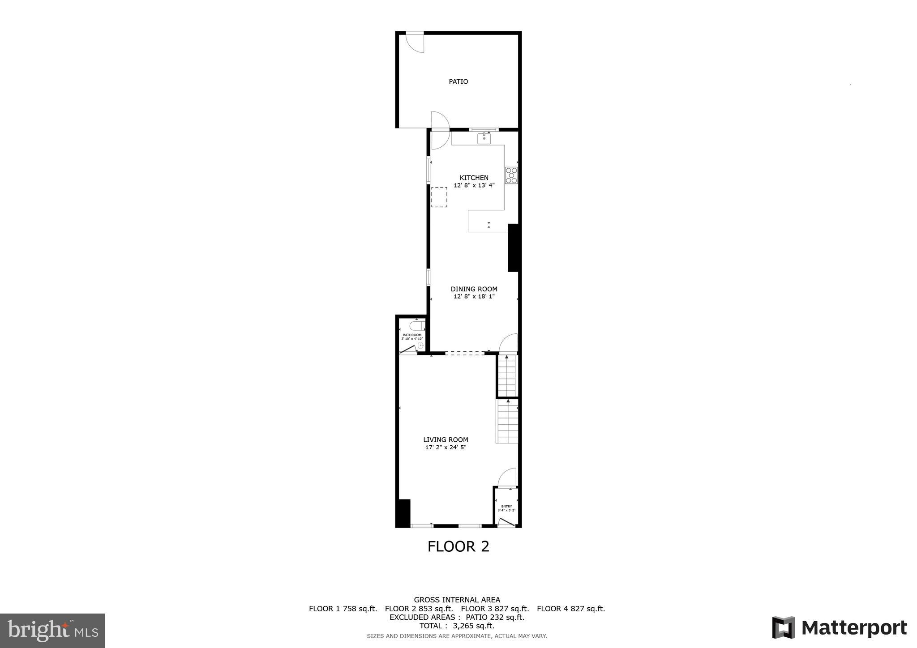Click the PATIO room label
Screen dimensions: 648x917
click(458, 81)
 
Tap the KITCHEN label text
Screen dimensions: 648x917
click(474, 178)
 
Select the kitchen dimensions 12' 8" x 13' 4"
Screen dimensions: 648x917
click(474, 185)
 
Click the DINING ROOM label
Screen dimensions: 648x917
click(474, 289)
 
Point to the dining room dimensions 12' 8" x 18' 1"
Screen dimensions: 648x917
click(474, 296)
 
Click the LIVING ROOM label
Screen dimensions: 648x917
click(446, 440)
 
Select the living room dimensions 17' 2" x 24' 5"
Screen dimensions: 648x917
click(446, 447)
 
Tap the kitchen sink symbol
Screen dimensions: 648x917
click(484, 138)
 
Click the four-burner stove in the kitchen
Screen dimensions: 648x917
click(511, 175)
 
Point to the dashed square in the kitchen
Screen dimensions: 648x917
click(439, 197)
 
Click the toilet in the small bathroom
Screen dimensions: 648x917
click(416, 325)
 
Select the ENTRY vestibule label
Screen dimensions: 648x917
click(506, 507)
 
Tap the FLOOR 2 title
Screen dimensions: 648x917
click(458, 546)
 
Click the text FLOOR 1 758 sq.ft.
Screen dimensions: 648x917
click(343, 609)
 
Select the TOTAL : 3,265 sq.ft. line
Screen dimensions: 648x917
click(457, 626)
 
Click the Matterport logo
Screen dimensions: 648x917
click(839, 628)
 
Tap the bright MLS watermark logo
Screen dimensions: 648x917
click(52, 631)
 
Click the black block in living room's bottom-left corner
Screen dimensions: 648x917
click(403, 513)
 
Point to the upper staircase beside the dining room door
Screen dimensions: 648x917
click(507, 375)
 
